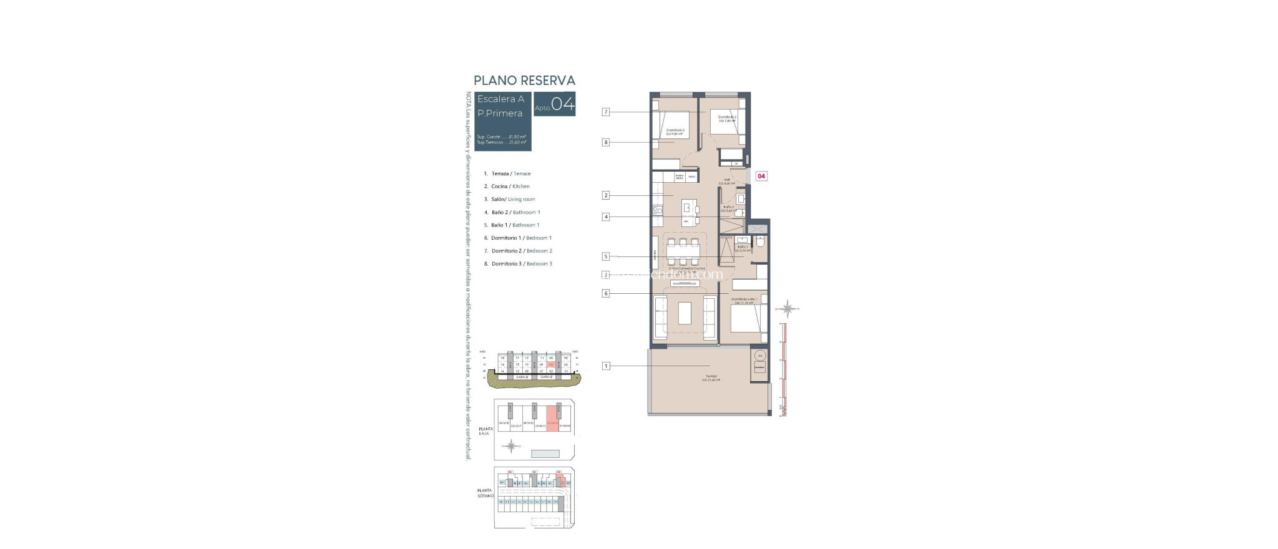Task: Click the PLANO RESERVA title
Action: [524, 80]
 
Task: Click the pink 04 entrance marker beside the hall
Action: [761, 177]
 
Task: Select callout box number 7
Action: [605, 112]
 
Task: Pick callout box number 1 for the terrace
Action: [605, 366]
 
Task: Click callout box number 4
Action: [605, 217]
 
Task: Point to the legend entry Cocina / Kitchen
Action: [510, 187]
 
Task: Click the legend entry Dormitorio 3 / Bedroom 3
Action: [521, 264]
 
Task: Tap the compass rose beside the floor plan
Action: [789, 308]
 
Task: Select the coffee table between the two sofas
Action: [685, 313]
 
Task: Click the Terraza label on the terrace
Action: [711, 376]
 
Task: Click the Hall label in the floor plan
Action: [727, 180]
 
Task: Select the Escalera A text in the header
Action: [500, 99]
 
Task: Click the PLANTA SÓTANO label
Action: [485, 493]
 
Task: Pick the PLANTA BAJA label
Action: [485, 431]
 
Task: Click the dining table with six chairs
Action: [683, 252]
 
